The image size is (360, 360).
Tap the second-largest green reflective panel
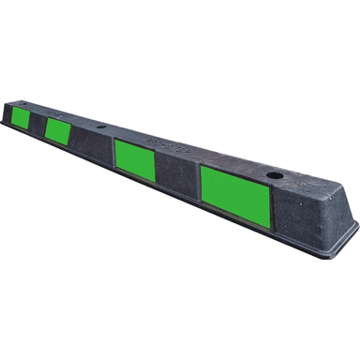[135, 158]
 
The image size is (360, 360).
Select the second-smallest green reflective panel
[57, 130]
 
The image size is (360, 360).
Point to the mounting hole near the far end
[100, 123]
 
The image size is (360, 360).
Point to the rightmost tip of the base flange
[357, 225]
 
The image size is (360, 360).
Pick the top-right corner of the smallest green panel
[33, 110]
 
